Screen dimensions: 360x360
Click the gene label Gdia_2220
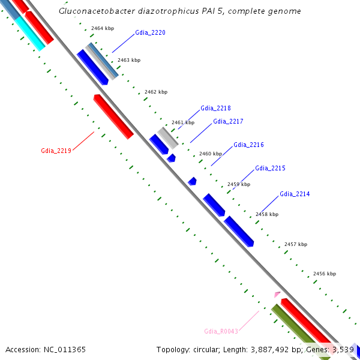point(150,32)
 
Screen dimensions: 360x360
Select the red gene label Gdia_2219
point(56,151)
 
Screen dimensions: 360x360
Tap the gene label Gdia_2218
point(215,109)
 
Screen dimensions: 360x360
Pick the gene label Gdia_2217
point(228,121)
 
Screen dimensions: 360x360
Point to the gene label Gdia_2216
point(248,145)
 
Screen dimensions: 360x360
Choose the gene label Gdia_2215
point(270,168)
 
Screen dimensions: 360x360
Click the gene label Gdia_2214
point(295,194)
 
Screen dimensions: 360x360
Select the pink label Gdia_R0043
point(221,331)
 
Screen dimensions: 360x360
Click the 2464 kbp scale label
point(102,28)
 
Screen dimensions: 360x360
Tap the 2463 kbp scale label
point(128,60)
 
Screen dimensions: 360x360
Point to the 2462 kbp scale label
point(156,92)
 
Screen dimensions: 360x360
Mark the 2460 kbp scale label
point(210,154)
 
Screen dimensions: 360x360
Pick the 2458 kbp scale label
point(267,214)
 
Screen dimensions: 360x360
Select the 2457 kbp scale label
point(295,244)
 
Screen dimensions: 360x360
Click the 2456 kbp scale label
point(324,274)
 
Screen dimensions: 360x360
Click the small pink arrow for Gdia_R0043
point(277,294)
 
